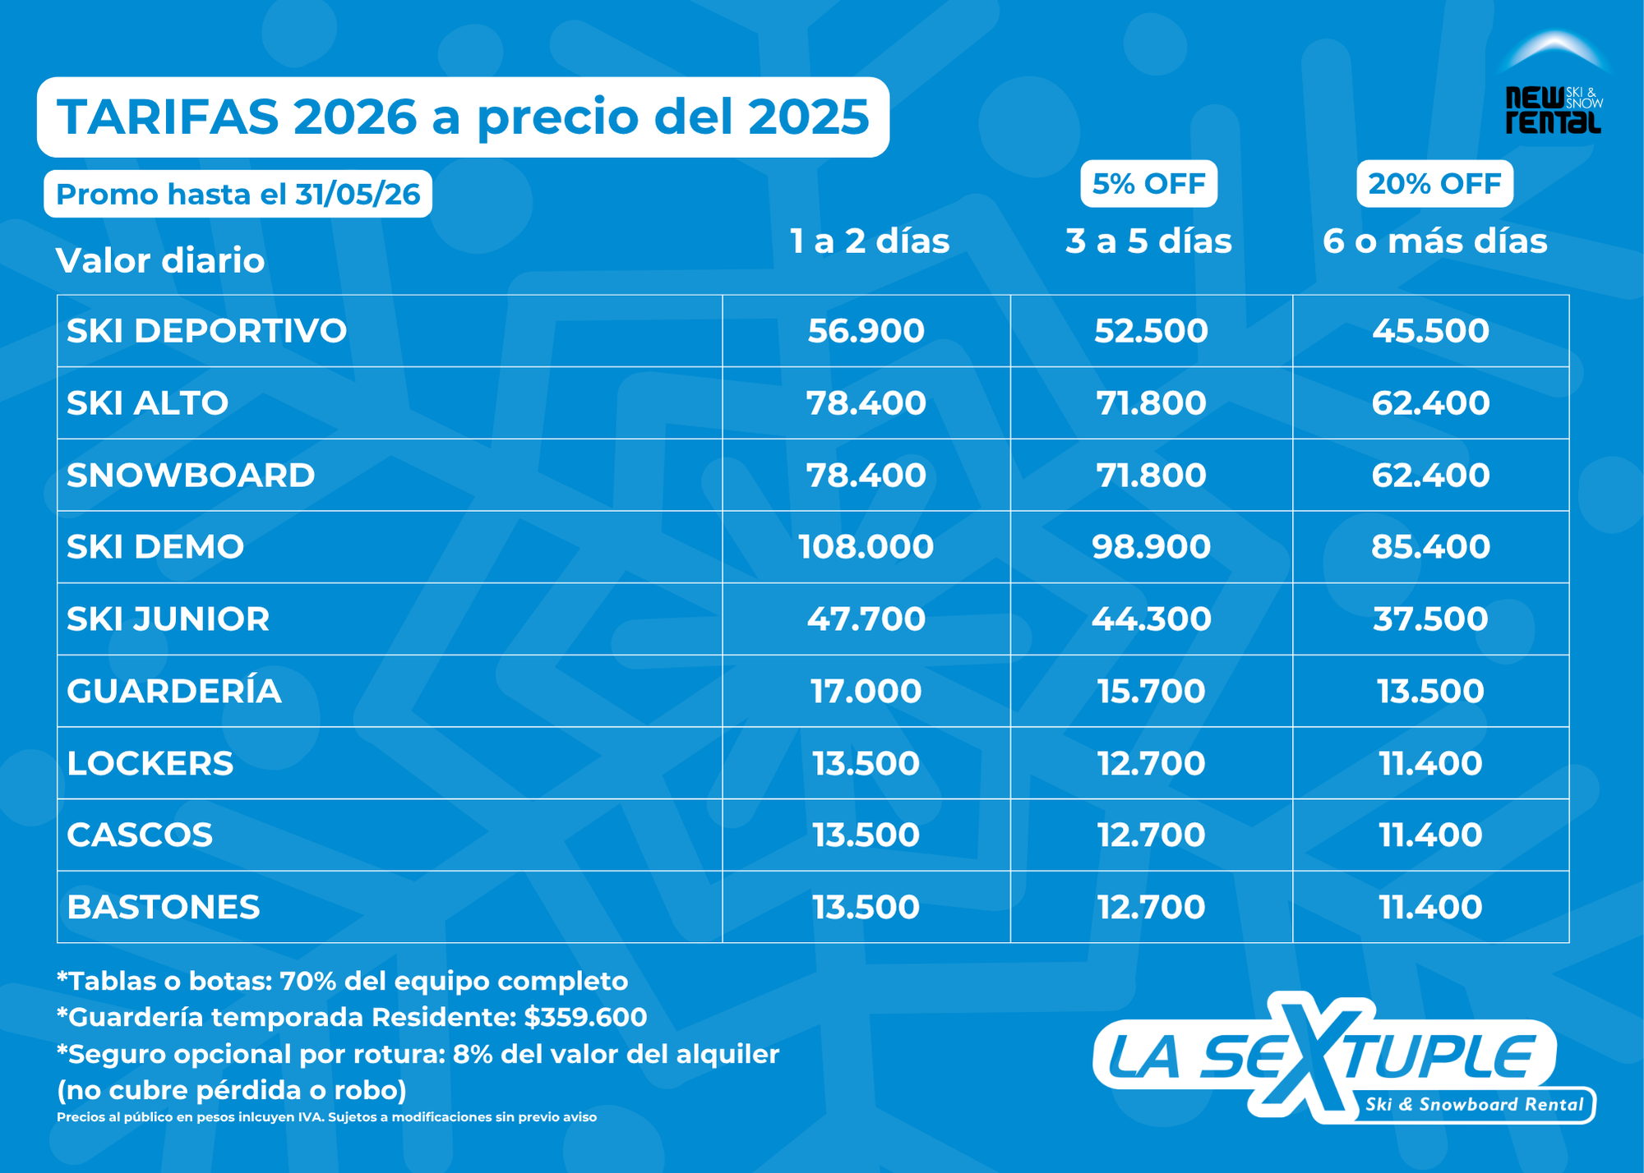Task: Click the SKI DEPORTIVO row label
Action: pyautogui.click(x=206, y=331)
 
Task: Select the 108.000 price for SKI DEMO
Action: pyautogui.click(x=866, y=547)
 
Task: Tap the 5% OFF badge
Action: pyautogui.click(x=1148, y=184)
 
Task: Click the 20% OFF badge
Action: pyautogui.click(x=1434, y=184)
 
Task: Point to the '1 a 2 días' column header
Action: pyautogui.click(x=869, y=241)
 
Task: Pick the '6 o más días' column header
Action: pyautogui.click(x=1434, y=241)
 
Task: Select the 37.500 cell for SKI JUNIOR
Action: pyautogui.click(x=1430, y=619)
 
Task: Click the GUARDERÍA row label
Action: pyautogui.click(x=174, y=692)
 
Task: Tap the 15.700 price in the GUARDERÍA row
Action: pyautogui.click(x=1151, y=692)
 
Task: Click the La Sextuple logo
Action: pyautogui.click(x=1340, y=1060)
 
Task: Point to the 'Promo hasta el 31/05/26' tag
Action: pyautogui.click(x=238, y=195)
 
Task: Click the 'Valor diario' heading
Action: pyautogui.click(x=160, y=261)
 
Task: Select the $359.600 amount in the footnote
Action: pyautogui.click(x=585, y=1018)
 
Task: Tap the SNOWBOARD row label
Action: pyautogui.click(x=191, y=476)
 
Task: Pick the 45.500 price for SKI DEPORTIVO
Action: pyautogui.click(x=1430, y=331)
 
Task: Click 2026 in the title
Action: pyautogui.click(x=355, y=117)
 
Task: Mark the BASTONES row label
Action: pyautogui.click(x=164, y=908)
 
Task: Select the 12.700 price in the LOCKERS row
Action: pyautogui.click(x=1151, y=764)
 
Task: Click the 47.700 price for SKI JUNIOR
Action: pyautogui.click(x=866, y=619)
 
